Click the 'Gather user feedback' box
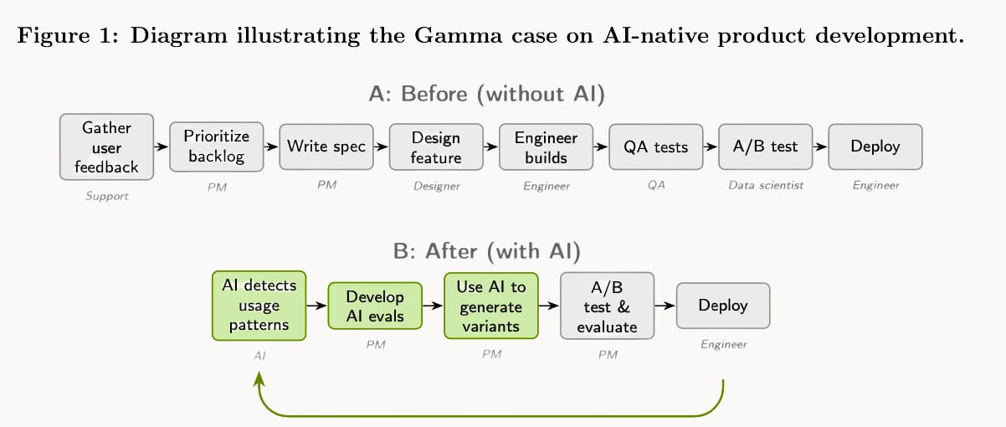point(106,147)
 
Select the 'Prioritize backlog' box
point(216,146)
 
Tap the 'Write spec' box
point(326,147)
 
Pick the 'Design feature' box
point(436,147)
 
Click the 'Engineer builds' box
point(546,147)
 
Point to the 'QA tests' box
point(656,147)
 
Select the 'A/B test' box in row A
point(765,147)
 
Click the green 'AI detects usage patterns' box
point(259,306)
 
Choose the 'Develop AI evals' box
point(375,306)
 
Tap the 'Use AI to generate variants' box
point(491,306)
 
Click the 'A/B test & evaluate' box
point(608,306)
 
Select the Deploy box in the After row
point(723,306)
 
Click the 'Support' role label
point(106,197)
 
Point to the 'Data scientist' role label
point(765,185)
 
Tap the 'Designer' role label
point(436,186)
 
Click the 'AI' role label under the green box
point(259,356)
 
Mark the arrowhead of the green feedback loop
point(259,379)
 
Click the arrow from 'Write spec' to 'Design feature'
point(381,146)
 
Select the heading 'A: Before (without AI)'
point(486,94)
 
